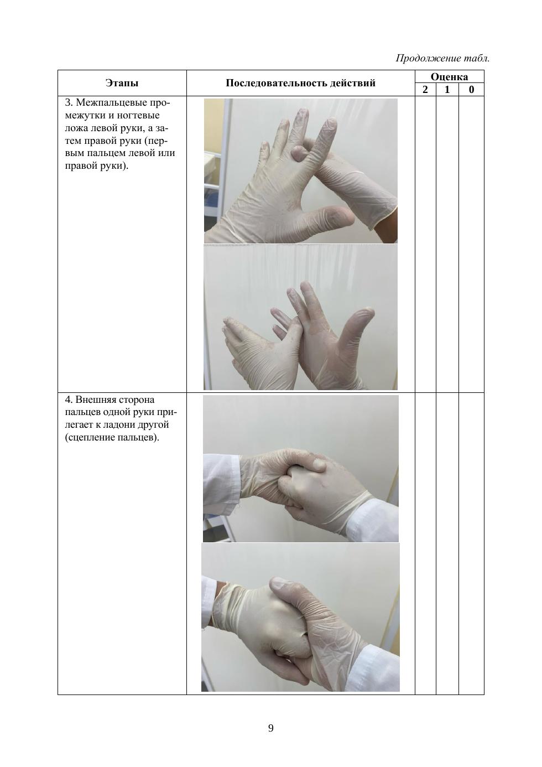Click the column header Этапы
[122, 83]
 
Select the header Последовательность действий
[300, 83]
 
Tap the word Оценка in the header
[449, 77]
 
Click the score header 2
[425, 90]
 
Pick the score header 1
[447, 90]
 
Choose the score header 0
[471, 90]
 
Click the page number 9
[270, 728]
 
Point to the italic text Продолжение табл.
[443, 58]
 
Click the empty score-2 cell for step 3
[425, 244]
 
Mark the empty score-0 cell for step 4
[471, 544]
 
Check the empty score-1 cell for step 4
[447, 544]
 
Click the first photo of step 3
[301, 171]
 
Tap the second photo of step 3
[301, 318]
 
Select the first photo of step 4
[301, 469]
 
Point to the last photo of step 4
[300, 618]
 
